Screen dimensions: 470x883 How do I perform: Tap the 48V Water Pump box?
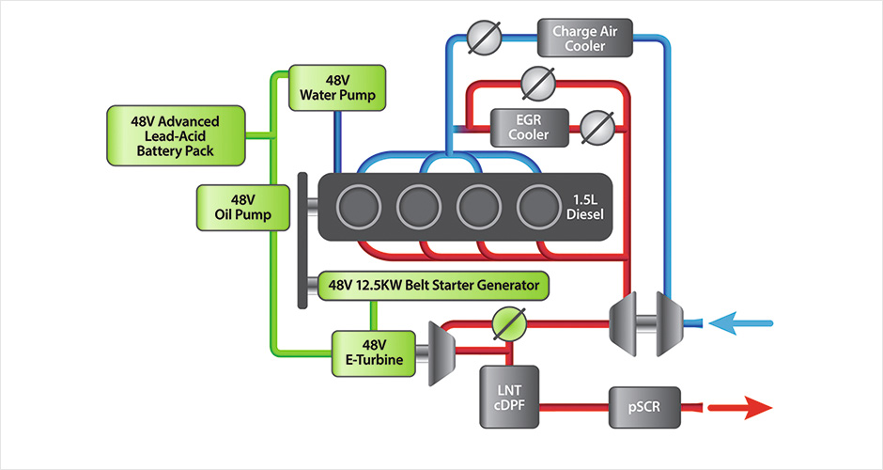(x=336, y=86)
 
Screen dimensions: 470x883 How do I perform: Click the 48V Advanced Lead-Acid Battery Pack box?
(x=176, y=135)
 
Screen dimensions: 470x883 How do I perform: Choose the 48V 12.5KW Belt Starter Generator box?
(x=433, y=285)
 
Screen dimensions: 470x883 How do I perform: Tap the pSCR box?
(x=642, y=407)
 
